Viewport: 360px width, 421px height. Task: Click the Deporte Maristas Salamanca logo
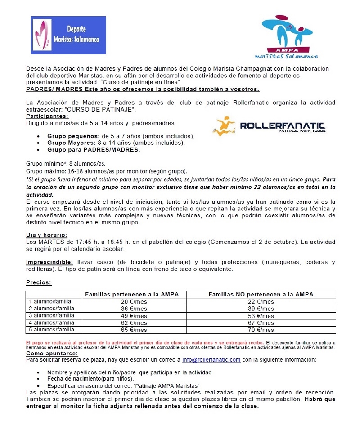[x=68, y=36]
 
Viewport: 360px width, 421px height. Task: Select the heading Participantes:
[x=47, y=116]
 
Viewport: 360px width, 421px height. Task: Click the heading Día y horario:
[x=47, y=235]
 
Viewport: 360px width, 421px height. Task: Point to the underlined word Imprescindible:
[x=49, y=262]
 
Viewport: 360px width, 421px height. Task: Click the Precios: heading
[x=39, y=282]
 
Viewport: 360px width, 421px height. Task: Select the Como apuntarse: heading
[x=52, y=354]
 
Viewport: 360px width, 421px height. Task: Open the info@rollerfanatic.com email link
[x=211, y=360]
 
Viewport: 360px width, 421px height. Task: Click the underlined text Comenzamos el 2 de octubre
[x=253, y=242]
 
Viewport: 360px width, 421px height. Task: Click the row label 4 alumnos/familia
[x=51, y=322]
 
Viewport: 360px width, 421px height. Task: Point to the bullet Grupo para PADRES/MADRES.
[x=94, y=150]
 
